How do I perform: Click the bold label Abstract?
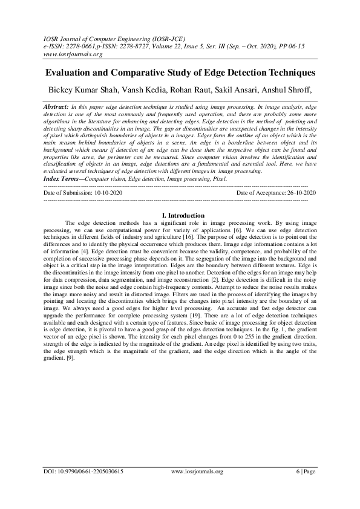(x=56, y=106)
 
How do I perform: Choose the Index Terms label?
(x=64, y=179)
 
